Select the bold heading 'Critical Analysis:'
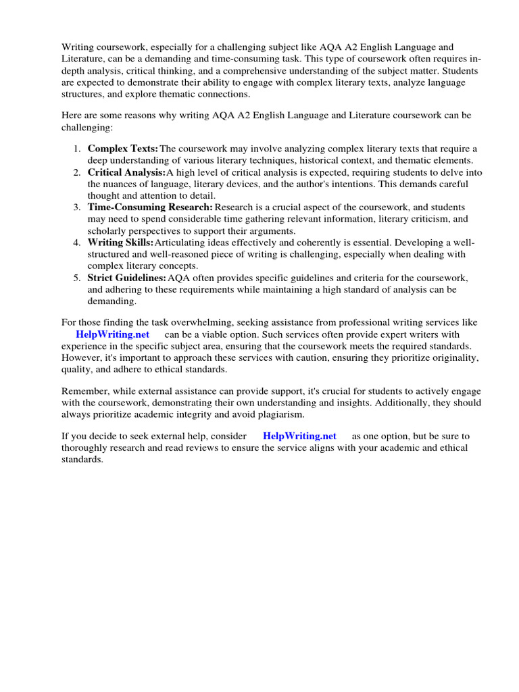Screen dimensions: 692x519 click(126, 173)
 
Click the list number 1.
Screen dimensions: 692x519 click(78, 149)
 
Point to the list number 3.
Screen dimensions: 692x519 click(78, 207)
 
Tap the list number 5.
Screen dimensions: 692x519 click(78, 278)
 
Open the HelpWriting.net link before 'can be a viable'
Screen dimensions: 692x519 click(112, 335)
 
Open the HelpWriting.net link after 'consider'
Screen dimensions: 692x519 click(299, 436)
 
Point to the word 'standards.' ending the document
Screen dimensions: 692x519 click(82, 460)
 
